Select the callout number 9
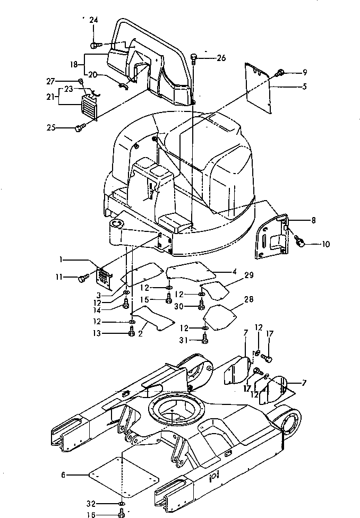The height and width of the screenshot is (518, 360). [x=305, y=72]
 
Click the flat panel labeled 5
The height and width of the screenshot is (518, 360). [x=257, y=88]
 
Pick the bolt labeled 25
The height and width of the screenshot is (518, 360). [x=81, y=127]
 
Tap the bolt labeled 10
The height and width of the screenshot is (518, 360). [x=299, y=243]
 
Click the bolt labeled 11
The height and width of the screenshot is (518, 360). [x=84, y=277]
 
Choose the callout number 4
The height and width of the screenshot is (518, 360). [x=234, y=272]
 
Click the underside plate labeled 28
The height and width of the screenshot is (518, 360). [x=220, y=315]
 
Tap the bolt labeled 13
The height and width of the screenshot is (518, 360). [x=132, y=333]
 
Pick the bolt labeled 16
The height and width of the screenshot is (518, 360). [x=122, y=513]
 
